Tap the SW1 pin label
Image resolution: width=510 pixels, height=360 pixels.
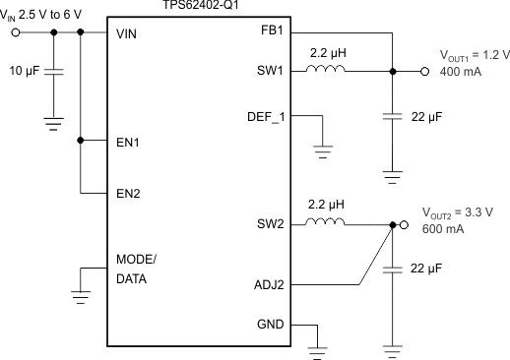pyautogui.click(x=268, y=72)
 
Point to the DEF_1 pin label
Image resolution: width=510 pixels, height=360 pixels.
pyautogui.click(x=263, y=116)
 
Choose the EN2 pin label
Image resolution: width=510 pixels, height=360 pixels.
pyautogui.click(x=128, y=193)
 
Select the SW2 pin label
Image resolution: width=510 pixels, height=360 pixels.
pyautogui.click(x=268, y=225)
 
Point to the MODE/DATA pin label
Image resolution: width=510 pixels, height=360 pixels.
pyautogui.click(x=136, y=269)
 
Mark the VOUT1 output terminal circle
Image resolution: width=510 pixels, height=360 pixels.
pyautogui.click(x=424, y=72)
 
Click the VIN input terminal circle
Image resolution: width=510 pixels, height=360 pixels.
pyautogui.click(x=16, y=32)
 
